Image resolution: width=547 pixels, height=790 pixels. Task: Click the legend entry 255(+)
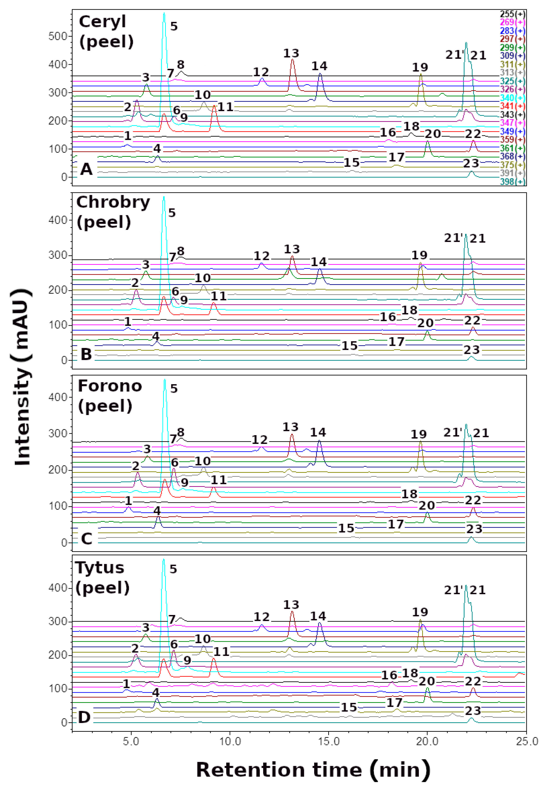pyautogui.click(x=512, y=14)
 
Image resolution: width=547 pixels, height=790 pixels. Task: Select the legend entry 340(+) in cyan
pyautogui.click(x=512, y=98)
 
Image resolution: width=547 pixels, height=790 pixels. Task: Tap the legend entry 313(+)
pyautogui.click(x=512, y=73)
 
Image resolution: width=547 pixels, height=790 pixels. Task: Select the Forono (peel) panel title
pyautogui.click(x=110, y=396)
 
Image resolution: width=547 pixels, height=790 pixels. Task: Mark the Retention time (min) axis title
pyautogui.click(x=313, y=770)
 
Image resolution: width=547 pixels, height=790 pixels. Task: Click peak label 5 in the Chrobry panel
pyautogui.click(x=172, y=213)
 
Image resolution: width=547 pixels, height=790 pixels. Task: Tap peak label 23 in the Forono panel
pyautogui.click(x=474, y=529)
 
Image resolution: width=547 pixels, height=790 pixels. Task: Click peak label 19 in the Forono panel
pyautogui.click(x=419, y=434)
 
